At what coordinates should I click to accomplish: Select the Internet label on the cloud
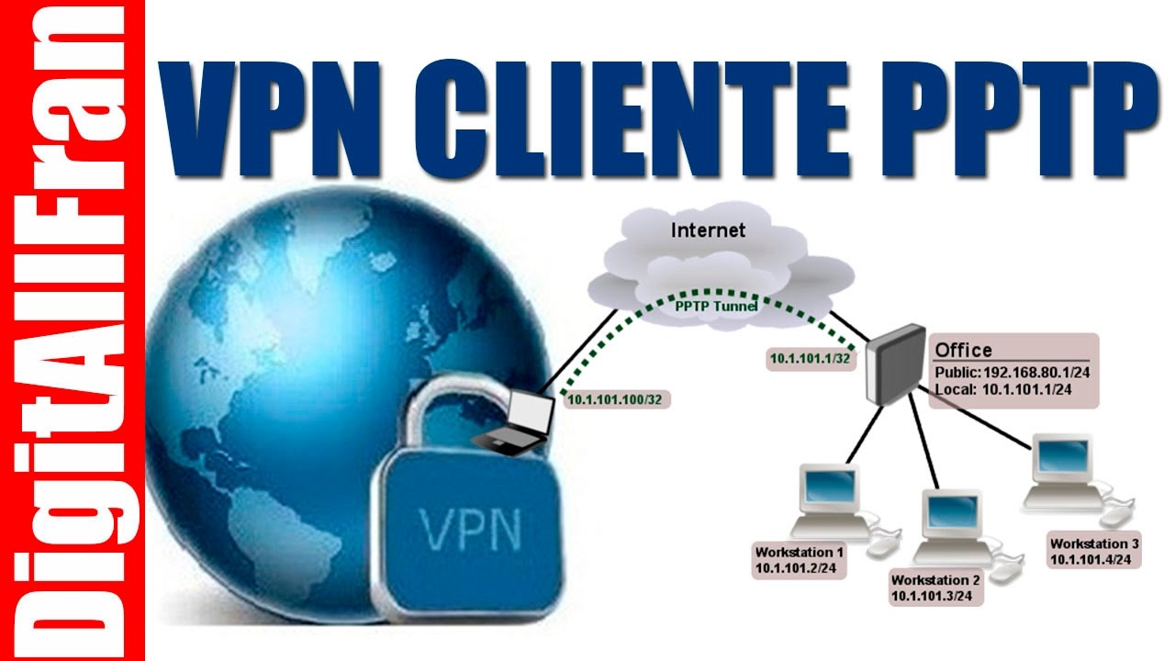pyautogui.click(x=708, y=230)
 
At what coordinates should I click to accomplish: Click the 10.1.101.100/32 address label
pyautogui.click(x=615, y=399)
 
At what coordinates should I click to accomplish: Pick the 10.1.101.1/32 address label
pyautogui.click(x=811, y=359)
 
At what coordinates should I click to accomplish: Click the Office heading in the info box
pyautogui.click(x=963, y=350)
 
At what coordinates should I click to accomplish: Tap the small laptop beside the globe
pyautogui.click(x=519, y=420)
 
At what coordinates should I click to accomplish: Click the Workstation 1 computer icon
pyautogui.click(x=828, y=500)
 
